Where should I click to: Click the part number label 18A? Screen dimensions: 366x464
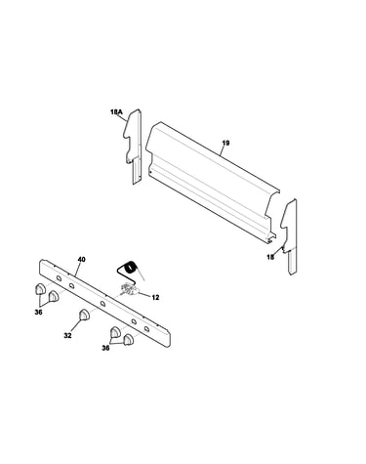point(116,112)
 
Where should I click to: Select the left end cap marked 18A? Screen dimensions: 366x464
point(134,147)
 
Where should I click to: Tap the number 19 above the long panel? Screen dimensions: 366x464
point(225,143)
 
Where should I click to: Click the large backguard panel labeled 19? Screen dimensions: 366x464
point(212,183)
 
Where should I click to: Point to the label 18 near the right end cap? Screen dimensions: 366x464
point(270,257)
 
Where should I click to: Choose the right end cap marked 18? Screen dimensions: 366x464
point(290,236)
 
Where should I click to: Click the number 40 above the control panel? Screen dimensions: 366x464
point(81,260)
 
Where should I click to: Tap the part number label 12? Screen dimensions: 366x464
point(155,297)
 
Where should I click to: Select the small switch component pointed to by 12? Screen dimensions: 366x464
point(128,289)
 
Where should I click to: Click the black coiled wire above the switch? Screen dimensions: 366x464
point(130,270)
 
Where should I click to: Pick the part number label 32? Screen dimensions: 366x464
point(67,336)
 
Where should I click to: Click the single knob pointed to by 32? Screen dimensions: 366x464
point(84,315)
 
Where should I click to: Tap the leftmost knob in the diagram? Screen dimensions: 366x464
point(39,288)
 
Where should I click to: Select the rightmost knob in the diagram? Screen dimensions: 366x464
point(129,339)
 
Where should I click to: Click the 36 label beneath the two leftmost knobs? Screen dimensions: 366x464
point(38,312)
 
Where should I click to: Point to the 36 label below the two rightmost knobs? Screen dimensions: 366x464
point(105,349)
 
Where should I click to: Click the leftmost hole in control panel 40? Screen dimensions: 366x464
point(59,278)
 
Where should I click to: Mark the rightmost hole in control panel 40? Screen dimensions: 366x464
point(146,328)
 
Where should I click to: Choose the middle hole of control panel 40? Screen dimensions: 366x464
point(102,304)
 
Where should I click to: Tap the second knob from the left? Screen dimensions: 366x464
point(54,296)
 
